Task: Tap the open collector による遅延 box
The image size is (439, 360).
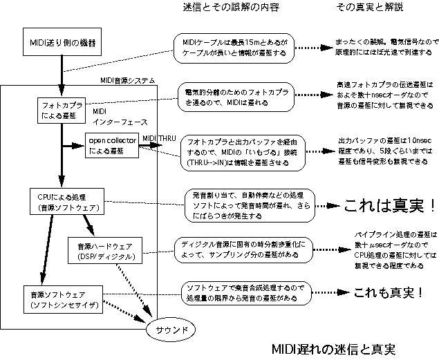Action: point(111,145)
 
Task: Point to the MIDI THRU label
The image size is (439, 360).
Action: point(158,138)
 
